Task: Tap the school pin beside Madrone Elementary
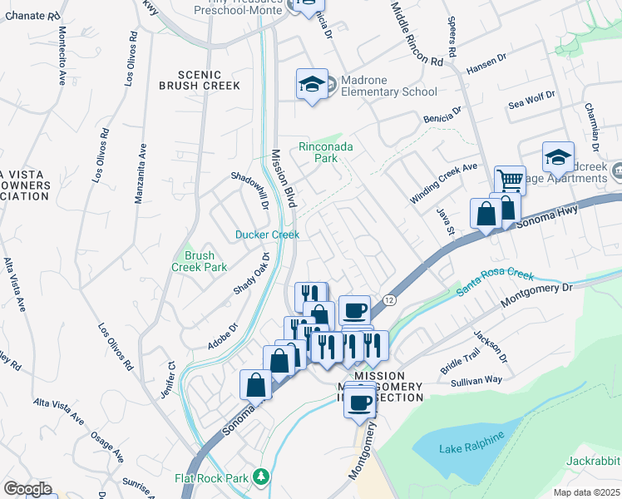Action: [x=312, y=84]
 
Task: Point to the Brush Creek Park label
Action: [x=199, y=261]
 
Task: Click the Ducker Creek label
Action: [x=267, y=235]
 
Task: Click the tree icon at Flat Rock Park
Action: [x=262, y=477]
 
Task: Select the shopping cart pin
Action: [x=510, y=180]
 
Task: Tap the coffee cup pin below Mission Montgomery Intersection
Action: [x=359, y=404]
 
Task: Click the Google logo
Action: [x=27, y=489]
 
